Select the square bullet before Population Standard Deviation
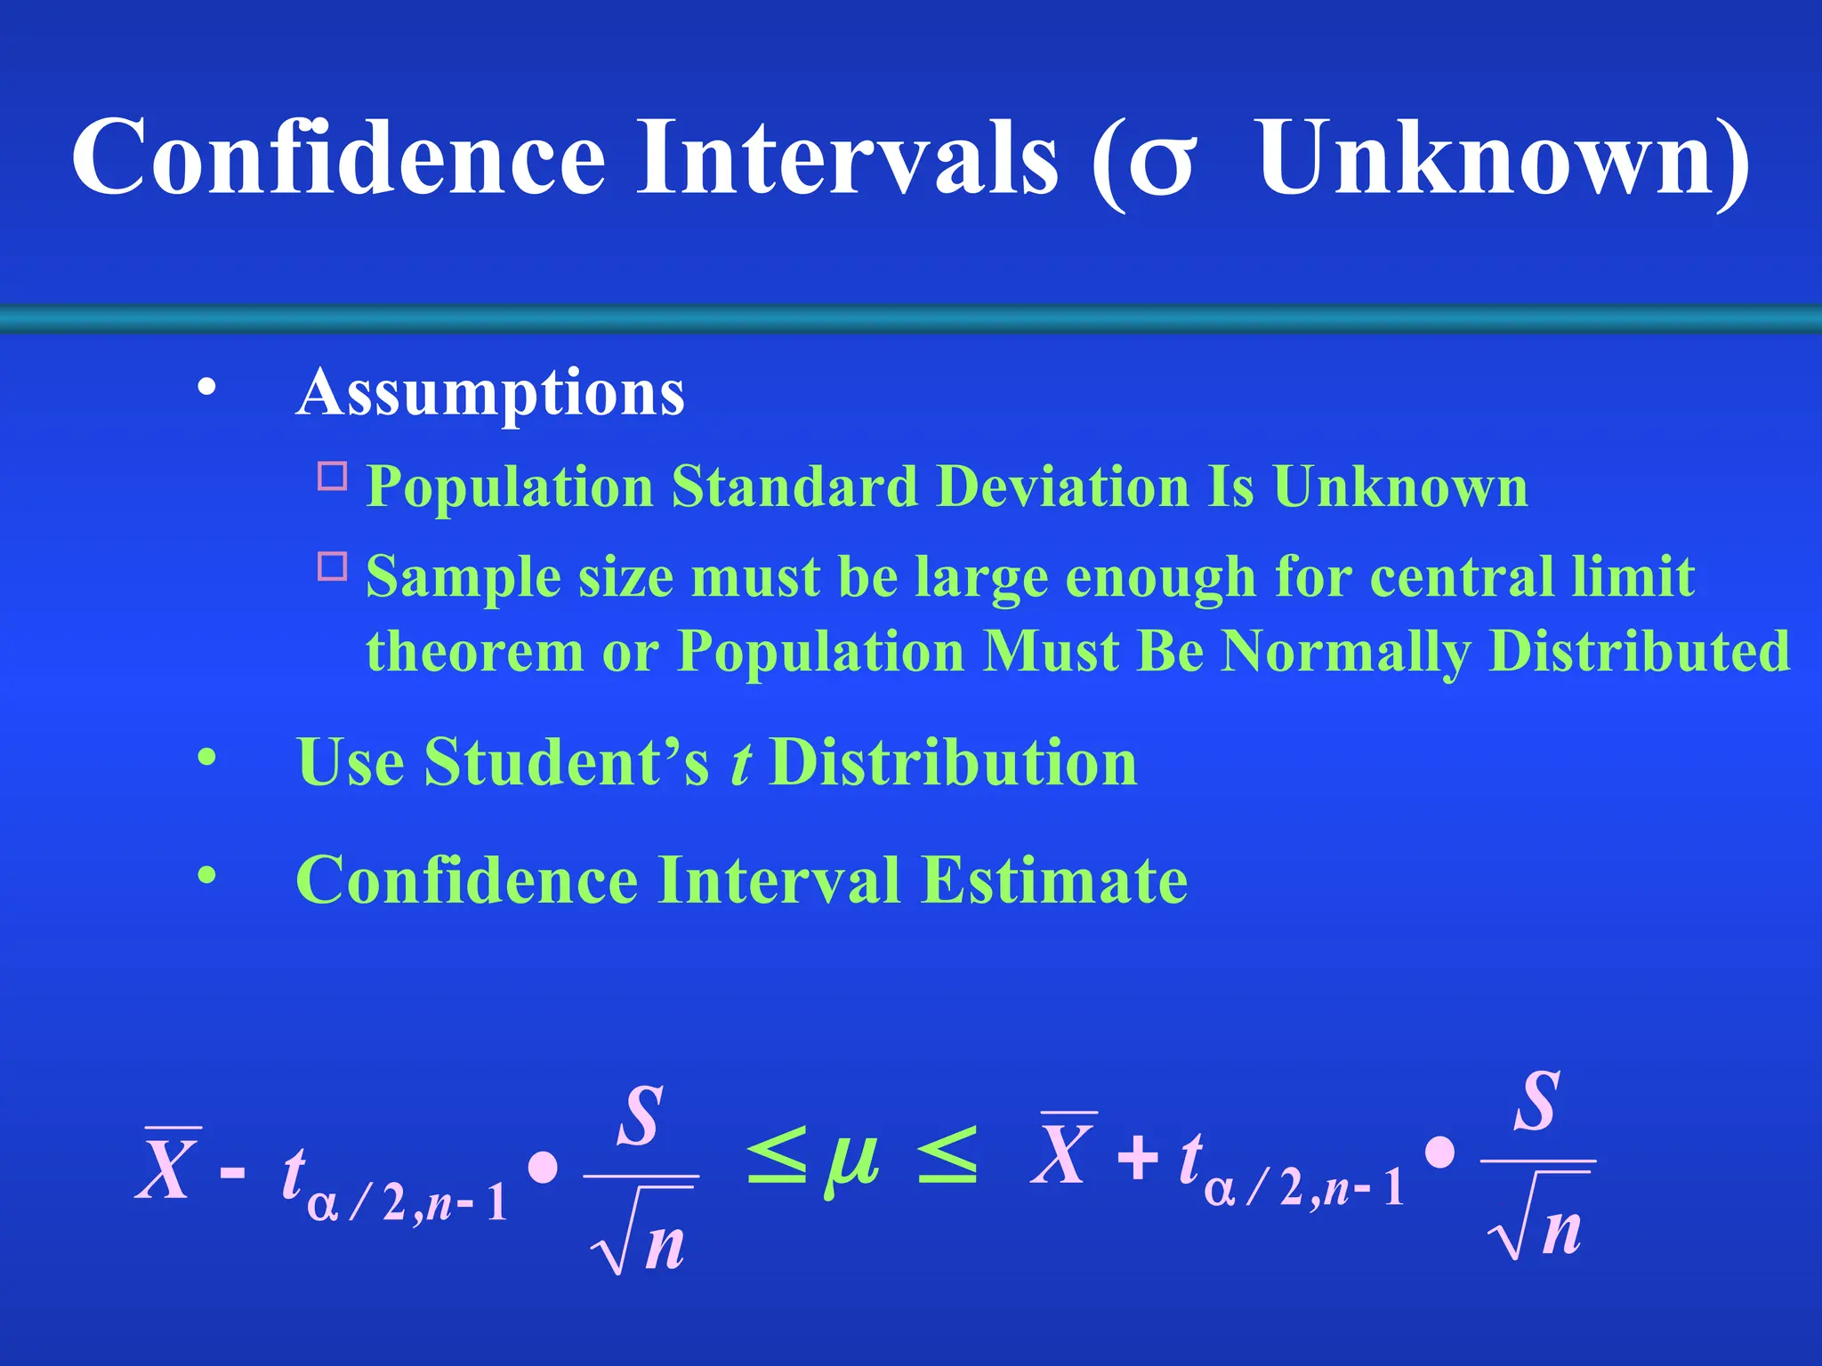point(333,477)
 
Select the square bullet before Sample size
point(333,566)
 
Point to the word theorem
point(474,651)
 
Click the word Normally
point(1344,653)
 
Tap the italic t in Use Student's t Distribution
point(740,763)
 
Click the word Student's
point(567,762)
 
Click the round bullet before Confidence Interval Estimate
point(207,876)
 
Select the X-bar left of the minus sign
point(166,1166)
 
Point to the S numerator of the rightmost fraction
point(1537,1103)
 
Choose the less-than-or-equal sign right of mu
point(947,1157)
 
